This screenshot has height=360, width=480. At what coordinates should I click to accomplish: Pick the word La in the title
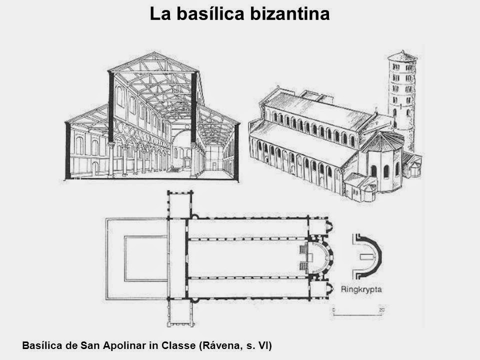tap(159, 14)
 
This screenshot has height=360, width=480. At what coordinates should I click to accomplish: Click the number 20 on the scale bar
tap(381, 310)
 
